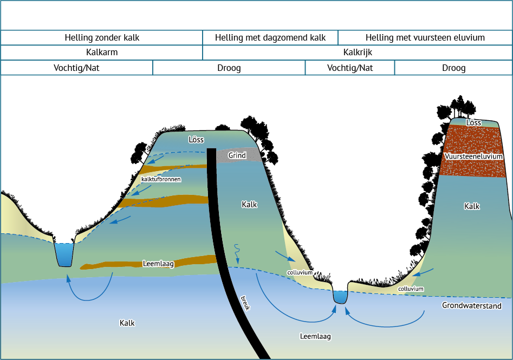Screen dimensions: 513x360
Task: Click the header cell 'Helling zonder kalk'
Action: pos(102,37)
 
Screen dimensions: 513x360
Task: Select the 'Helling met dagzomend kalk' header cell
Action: pos(270,37)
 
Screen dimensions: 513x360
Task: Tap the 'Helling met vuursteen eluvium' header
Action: pos(425,37)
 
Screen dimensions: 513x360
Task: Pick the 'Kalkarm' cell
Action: pos(102,53)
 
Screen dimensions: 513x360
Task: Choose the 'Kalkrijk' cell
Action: pos(358,53)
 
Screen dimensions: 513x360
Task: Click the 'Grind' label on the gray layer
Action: pos(237,155)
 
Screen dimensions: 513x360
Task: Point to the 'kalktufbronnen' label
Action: pos(161,179)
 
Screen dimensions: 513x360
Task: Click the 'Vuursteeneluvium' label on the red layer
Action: pos(473,156)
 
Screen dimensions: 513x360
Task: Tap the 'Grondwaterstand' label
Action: pos(471,305)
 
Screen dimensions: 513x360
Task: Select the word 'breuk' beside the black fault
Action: pos(245,303)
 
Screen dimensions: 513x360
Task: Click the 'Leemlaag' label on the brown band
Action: pos(158,264)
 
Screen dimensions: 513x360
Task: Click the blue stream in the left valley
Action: pos(64,255)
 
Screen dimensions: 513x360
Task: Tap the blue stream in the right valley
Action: pos(340,297)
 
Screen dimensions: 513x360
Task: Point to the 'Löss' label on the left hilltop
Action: pos(196,140)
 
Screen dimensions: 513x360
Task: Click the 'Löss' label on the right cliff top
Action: pos(473,122)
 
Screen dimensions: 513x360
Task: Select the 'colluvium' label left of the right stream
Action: pos(300,272)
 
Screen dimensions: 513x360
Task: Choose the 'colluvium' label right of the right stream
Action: pos(411,289)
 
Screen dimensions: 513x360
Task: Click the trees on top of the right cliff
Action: pos(458,107)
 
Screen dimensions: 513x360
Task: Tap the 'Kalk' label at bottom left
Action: pos(127,323)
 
